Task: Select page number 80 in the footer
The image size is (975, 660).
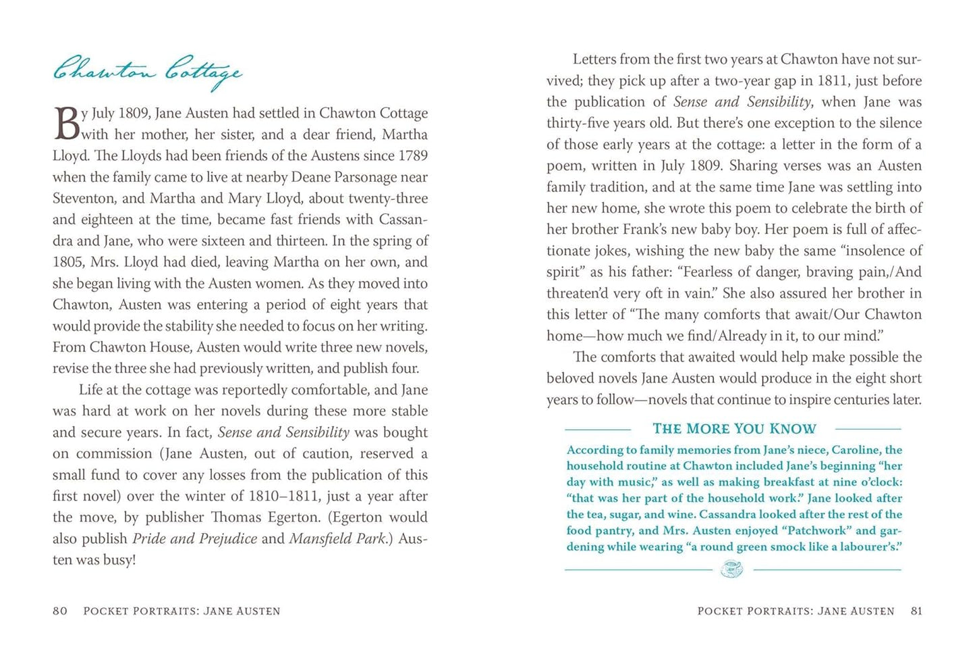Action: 60,611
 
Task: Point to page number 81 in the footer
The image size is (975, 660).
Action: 916,611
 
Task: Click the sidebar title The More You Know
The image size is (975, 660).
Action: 734,428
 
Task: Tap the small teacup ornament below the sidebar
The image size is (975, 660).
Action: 732,569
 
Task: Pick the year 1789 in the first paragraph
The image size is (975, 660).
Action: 413,155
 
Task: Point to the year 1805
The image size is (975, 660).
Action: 68,261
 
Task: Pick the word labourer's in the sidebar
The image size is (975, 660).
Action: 870,547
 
